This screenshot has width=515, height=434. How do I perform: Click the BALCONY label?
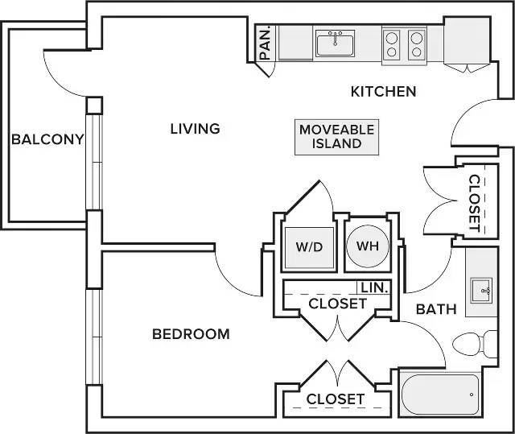click(47, 139)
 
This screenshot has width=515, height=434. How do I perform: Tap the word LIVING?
click(195, 129)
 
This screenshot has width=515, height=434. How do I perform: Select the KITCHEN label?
click(383, 91)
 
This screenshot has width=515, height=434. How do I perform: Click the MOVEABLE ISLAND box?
click(336, 137)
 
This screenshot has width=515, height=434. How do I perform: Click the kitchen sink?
click(335, 43)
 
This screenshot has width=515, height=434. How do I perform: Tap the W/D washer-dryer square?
click(309, 247)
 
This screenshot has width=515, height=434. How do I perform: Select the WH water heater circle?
click(368, 246)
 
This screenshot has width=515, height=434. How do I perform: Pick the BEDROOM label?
click(191, 334)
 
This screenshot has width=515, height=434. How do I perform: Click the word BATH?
click(436, 309)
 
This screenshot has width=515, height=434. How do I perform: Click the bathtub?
click(440, 394)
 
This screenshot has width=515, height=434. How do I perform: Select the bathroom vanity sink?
click(481, 291)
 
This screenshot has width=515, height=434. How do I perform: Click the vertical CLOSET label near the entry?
click(475, 203)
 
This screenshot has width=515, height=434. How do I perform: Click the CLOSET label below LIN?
click(337, 304)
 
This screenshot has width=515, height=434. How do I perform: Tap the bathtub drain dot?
click(472, 395)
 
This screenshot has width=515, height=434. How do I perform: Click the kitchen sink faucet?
click(335, 38)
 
